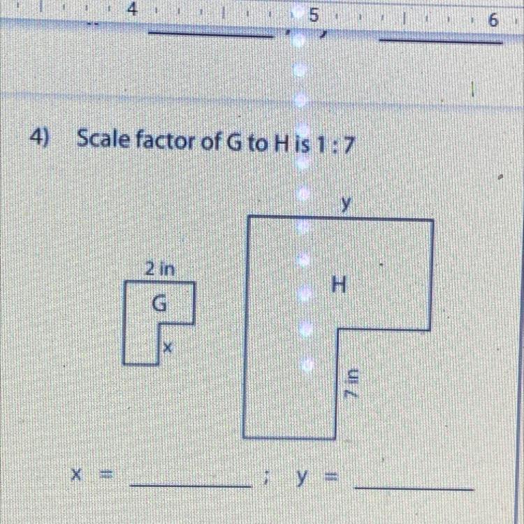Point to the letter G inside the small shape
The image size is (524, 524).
(x=160, y=304)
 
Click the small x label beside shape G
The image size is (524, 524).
(x=166, y=346)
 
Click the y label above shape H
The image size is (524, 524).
(x=344, y=203)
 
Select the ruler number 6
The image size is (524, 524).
(x=493, y=21)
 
